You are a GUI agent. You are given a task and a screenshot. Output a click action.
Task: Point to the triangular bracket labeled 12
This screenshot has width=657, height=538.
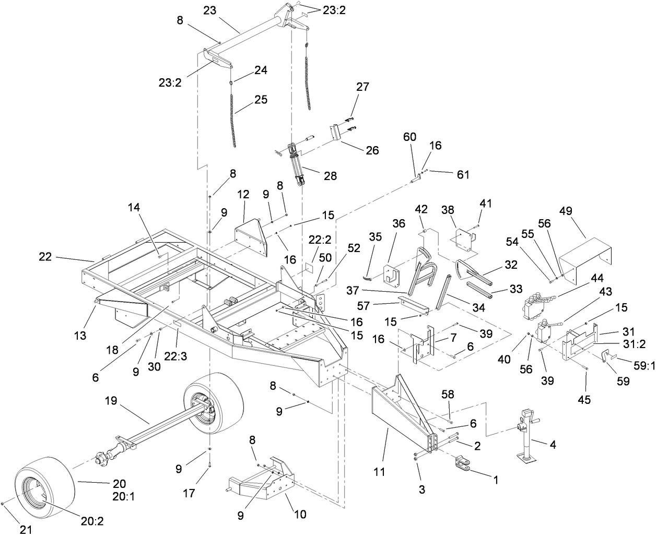[252, 238]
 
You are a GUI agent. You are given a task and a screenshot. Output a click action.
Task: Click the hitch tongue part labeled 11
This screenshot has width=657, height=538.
[397, 407]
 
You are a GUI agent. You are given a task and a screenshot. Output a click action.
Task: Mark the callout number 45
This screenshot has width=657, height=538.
[584, 400]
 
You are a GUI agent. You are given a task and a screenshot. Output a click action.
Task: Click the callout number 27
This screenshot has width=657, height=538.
[362, 87]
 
